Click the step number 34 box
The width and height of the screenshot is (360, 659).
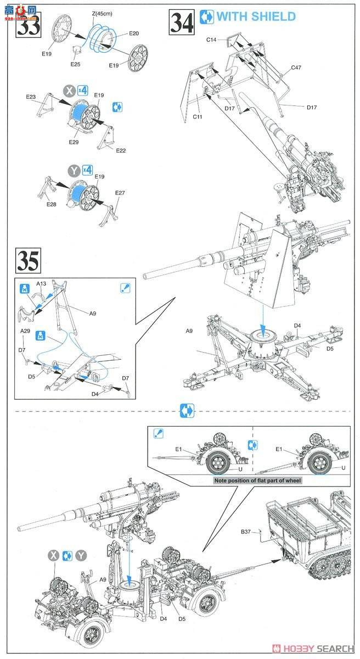pyautogui.click(x=182, y=22)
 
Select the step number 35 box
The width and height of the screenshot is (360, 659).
pyautogui.click(x=29, y=261)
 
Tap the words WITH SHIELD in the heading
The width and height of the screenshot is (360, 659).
pyautogui.click(x=256, y=16)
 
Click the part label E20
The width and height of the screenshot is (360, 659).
pyautogui.click(x=133, y=33)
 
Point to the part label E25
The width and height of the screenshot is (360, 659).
pyautogui.click(x=76, y=64)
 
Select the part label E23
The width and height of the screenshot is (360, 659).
pyautogui.click(x=31, y=97)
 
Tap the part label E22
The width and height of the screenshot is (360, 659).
pyautogui.click(x=121, y=150)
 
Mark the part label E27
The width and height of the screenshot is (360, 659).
pyautogui.click(x=120, y=193)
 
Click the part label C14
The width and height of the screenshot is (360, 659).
pyautogui.click(x=212, y=40)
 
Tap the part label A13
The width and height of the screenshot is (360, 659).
pyautogui.click(x=42, y=284)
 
